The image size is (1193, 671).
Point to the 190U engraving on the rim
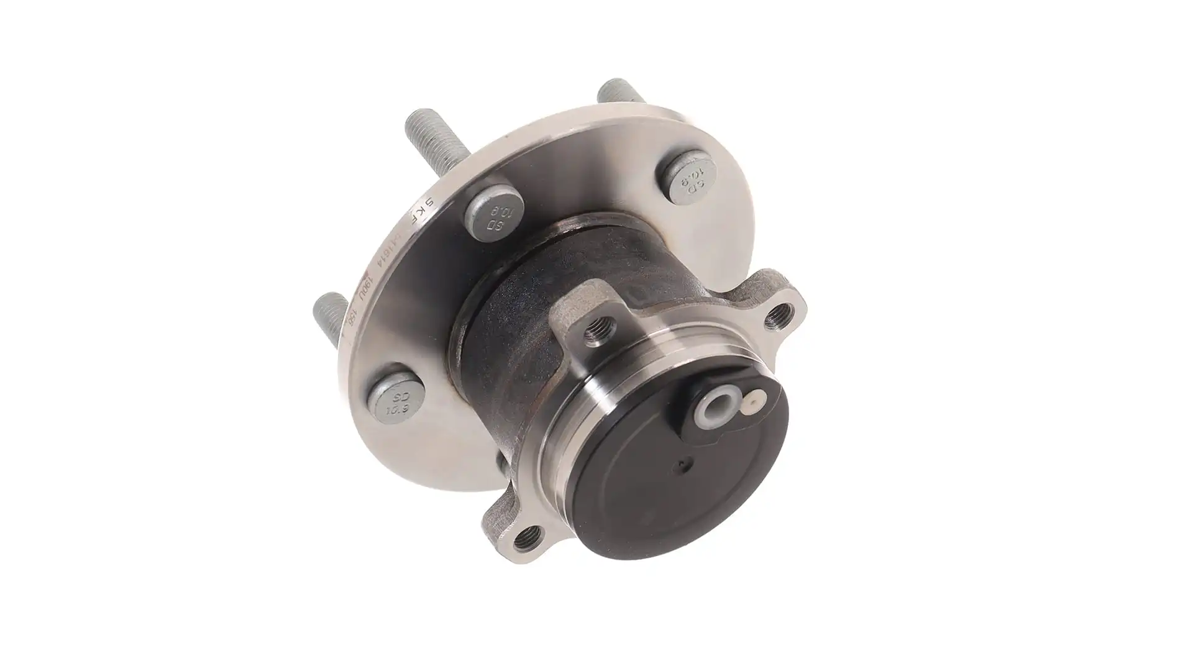coord(367,291)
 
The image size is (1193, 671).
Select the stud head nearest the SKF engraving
coord(494,215)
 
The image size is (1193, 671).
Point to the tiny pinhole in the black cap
coord(685,462)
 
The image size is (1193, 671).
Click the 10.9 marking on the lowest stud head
coord(396,409)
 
